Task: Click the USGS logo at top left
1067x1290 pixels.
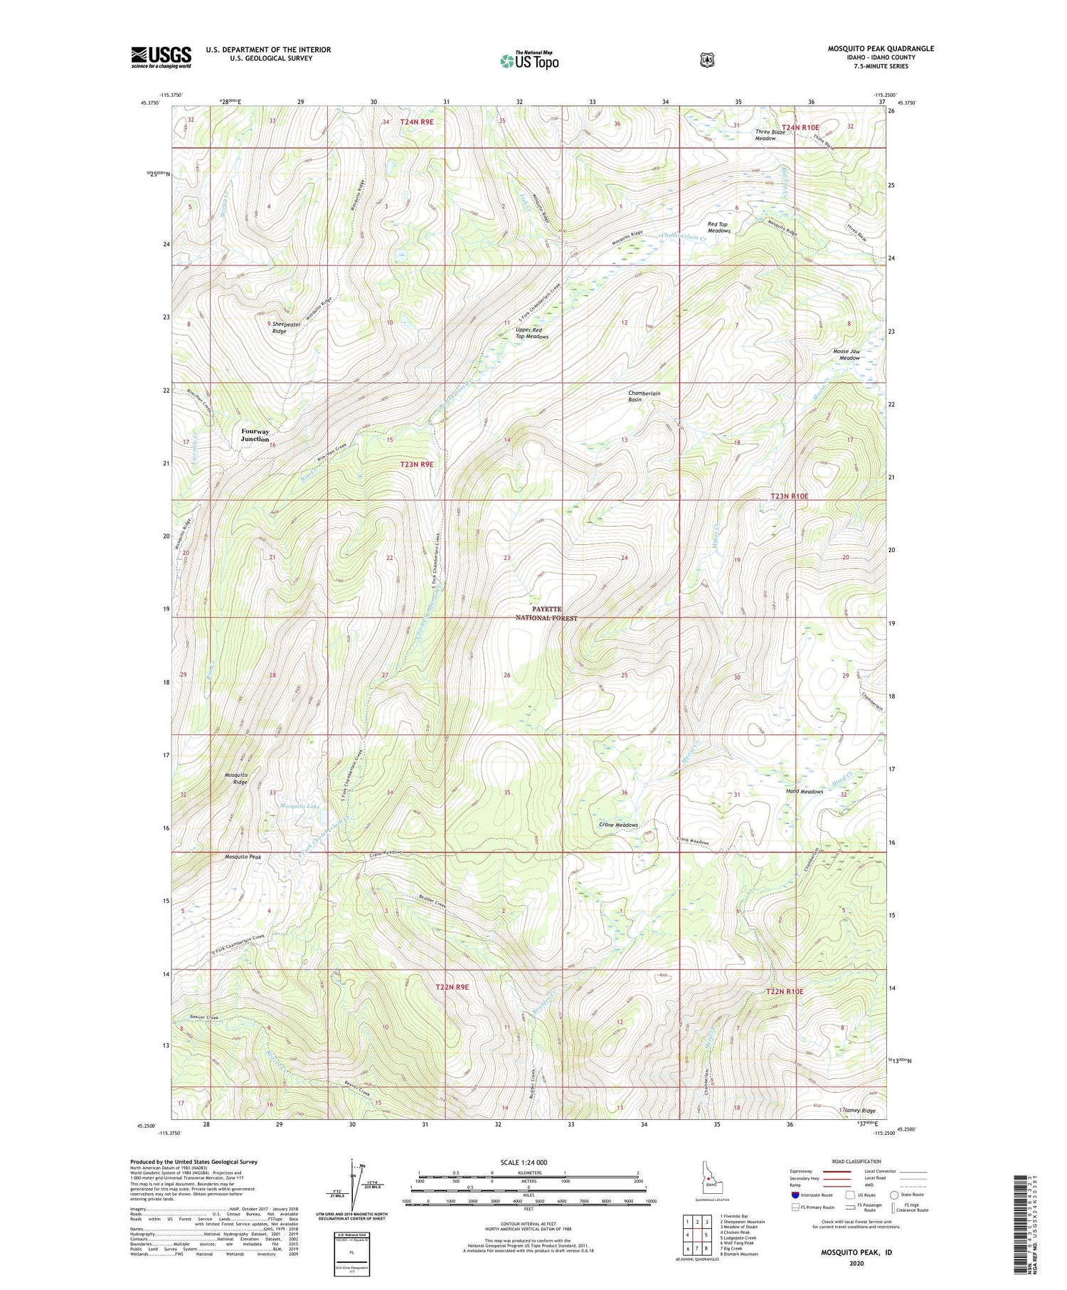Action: coord(161,57)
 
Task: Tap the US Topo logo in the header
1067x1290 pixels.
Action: coord(529,60)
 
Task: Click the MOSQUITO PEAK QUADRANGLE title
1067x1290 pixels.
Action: coord(880,48)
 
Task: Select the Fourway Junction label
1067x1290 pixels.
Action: coord(255,435)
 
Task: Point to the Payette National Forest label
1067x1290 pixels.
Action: coord(546,613)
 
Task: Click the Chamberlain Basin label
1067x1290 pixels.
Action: coord(644,396)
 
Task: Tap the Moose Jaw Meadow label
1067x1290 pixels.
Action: coord(846,354)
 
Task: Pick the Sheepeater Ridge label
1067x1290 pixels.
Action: coord(279,327)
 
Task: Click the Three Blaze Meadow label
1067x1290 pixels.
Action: coord(770,135)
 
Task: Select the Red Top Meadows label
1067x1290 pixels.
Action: coord(718,227)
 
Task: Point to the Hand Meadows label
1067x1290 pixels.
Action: coord(804,791)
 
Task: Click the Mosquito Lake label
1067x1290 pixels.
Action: coord(299,806)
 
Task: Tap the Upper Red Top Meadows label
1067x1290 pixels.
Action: coord(531,333)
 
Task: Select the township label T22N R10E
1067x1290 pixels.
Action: coord(785,991)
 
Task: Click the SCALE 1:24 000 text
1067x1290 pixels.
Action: coord(528,1162)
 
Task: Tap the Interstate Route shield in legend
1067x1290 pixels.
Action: coord(795,1195)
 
